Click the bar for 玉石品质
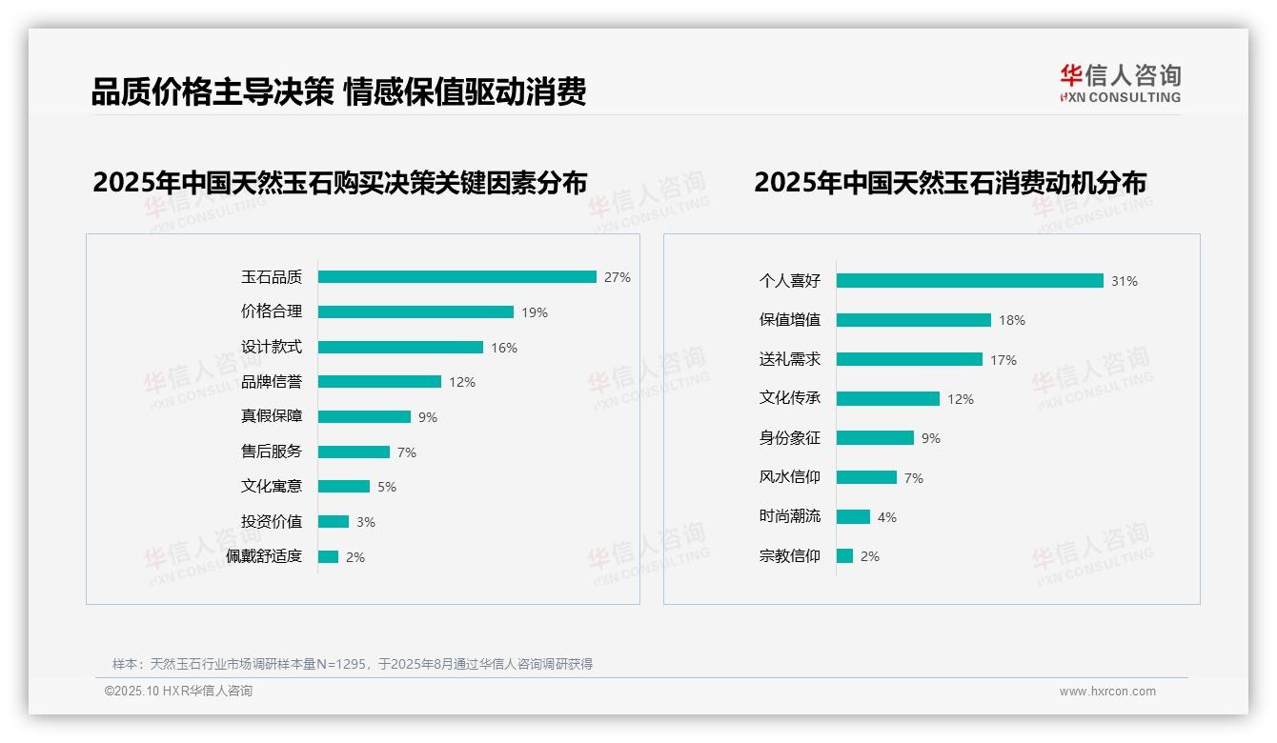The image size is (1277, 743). click(457, 277)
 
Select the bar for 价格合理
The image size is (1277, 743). click(416, 312)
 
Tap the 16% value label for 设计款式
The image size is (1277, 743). click(504, 348)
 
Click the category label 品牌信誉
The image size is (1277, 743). click(272, 382)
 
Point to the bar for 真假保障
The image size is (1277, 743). click(364, 417)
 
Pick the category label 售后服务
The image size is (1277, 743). click(272, 452)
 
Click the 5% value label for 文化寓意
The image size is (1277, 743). click(387, 487)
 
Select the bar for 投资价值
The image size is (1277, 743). click(334, 522)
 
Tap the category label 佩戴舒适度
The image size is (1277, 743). click(264, 556)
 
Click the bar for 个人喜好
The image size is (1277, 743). click(970, 281)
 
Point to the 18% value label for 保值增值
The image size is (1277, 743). click(1012, 320)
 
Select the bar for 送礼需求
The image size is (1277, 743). click(909, 360)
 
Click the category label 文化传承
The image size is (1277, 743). click(790, 398)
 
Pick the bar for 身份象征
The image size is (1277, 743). click(875, 438)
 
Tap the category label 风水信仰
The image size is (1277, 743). click(790, 477)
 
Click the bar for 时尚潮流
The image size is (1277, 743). click(853, 517)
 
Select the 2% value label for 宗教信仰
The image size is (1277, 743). click(870, 556)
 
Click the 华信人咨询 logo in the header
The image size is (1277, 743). click(1120, 83)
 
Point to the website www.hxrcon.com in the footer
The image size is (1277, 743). click(1107, 692)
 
